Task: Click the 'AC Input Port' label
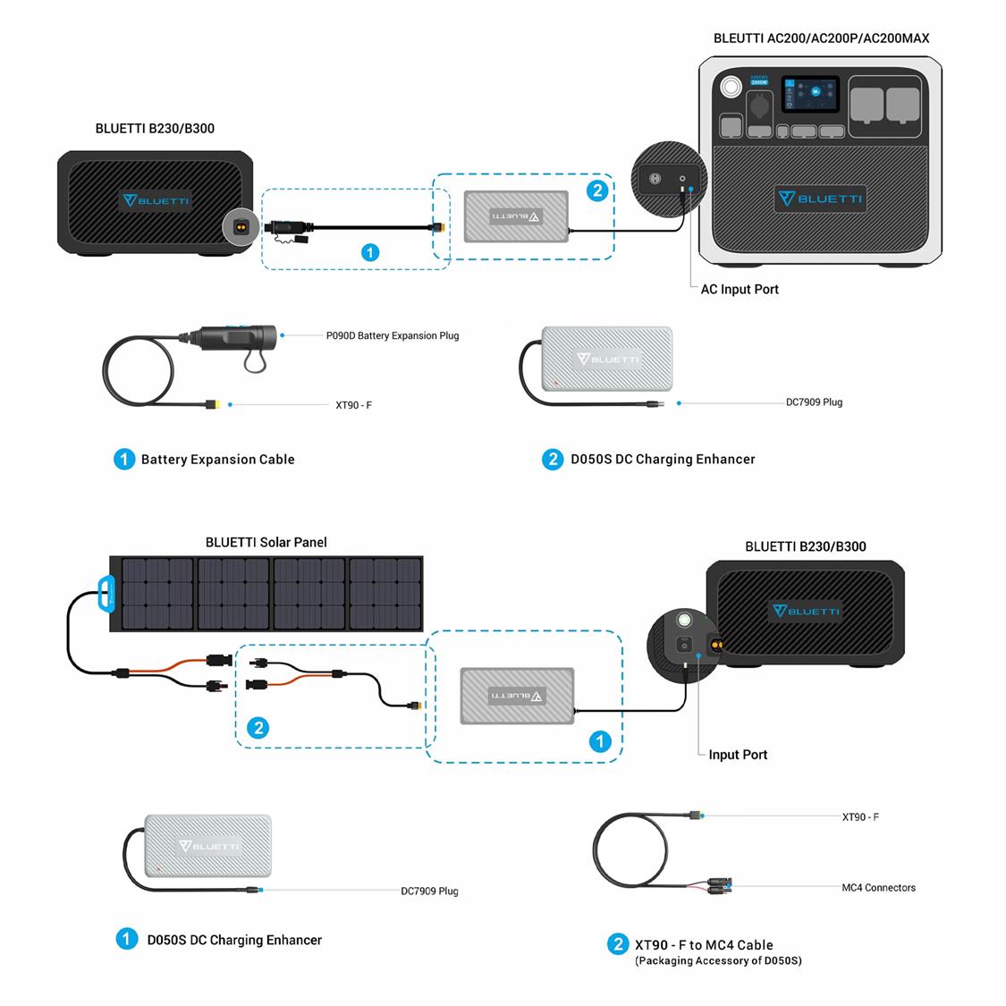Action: pos(739,289)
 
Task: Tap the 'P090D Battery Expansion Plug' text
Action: pos(393,336)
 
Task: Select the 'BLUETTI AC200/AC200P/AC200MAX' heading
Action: pos(821,38)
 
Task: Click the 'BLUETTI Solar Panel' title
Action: pos(266,542)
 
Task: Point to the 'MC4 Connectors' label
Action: pos(878,888)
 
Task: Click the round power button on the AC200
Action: pos(730,88)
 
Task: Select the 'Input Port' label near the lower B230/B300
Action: pos(737,755)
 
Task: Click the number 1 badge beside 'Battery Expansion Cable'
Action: pos(124,459)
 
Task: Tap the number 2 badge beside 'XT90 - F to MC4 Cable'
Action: pos(617,944)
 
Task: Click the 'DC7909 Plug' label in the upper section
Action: pos(814,402)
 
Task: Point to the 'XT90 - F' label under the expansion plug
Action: pos(353,405)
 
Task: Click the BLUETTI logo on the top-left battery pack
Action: pos(156,200)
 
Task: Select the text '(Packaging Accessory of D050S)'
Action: pos(718,961)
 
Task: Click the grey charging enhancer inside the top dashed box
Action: pos(516,216)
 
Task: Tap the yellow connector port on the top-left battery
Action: pos(241,227)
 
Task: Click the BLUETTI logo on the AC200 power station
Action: pos(820,198)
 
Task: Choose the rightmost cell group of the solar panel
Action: pos(385,594)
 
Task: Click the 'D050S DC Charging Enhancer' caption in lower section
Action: pos(234,940)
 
